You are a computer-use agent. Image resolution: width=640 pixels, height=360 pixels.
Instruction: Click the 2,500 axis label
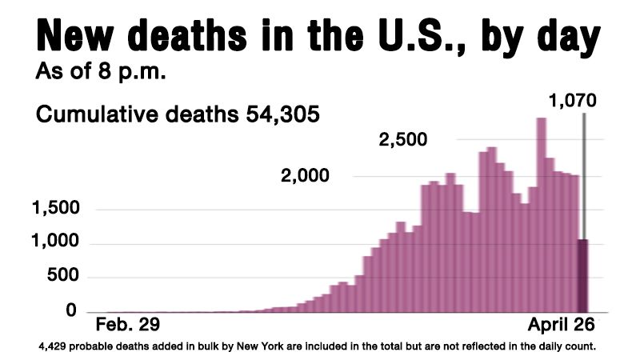(x=402, y=142)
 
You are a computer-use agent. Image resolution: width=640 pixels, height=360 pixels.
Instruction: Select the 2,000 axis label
(x=305, y=175)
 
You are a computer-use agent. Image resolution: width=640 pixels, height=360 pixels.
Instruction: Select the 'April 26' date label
(x=562, y=326)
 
